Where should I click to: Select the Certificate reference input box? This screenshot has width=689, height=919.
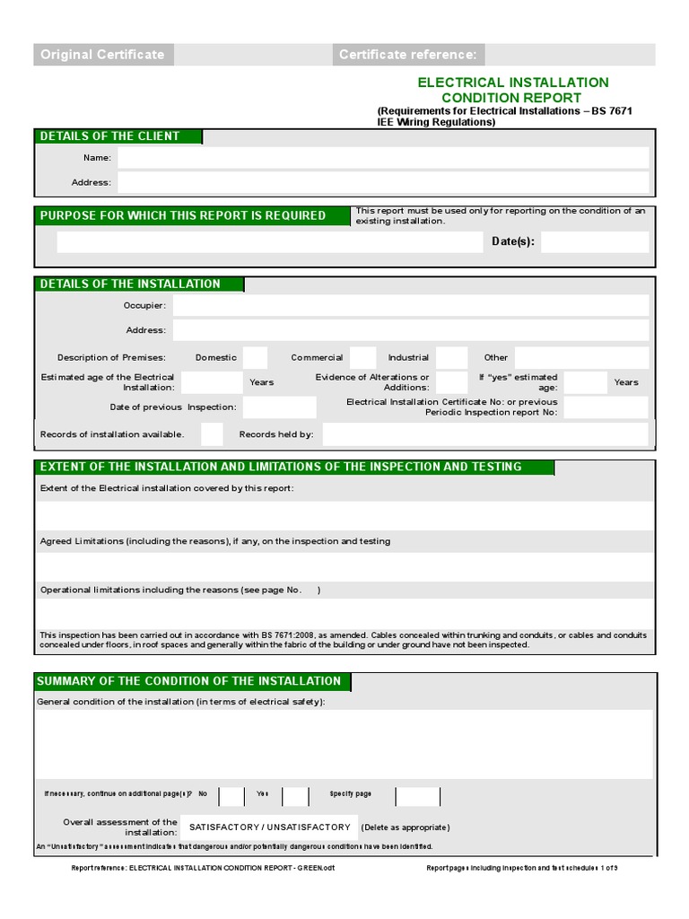coord(570,55)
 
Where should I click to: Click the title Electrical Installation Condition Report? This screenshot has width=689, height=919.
coord(512,90)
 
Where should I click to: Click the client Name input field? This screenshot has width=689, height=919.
coord(383,158)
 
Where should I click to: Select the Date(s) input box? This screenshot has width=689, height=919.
coord(594,241)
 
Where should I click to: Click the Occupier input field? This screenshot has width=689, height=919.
coord(410,305)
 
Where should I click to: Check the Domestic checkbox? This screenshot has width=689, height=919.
coord(255,357)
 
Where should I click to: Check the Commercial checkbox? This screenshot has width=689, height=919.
coord(362,357)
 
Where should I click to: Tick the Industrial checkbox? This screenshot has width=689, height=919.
coord(452,357)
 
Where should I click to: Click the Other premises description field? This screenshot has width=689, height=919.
coord(580,357)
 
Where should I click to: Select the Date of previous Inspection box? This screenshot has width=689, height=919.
coord(279,407)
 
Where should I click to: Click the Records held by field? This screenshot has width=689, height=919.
coord(484,434)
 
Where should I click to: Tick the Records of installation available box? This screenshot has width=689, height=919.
coord(212,434)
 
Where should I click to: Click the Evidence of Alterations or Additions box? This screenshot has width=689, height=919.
coord(451,382)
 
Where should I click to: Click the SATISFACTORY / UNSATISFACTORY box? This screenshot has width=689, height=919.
coord(269,827)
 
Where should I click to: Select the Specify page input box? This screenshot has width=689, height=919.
coord(418,795)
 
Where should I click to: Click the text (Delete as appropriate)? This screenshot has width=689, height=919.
coord(406,827)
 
